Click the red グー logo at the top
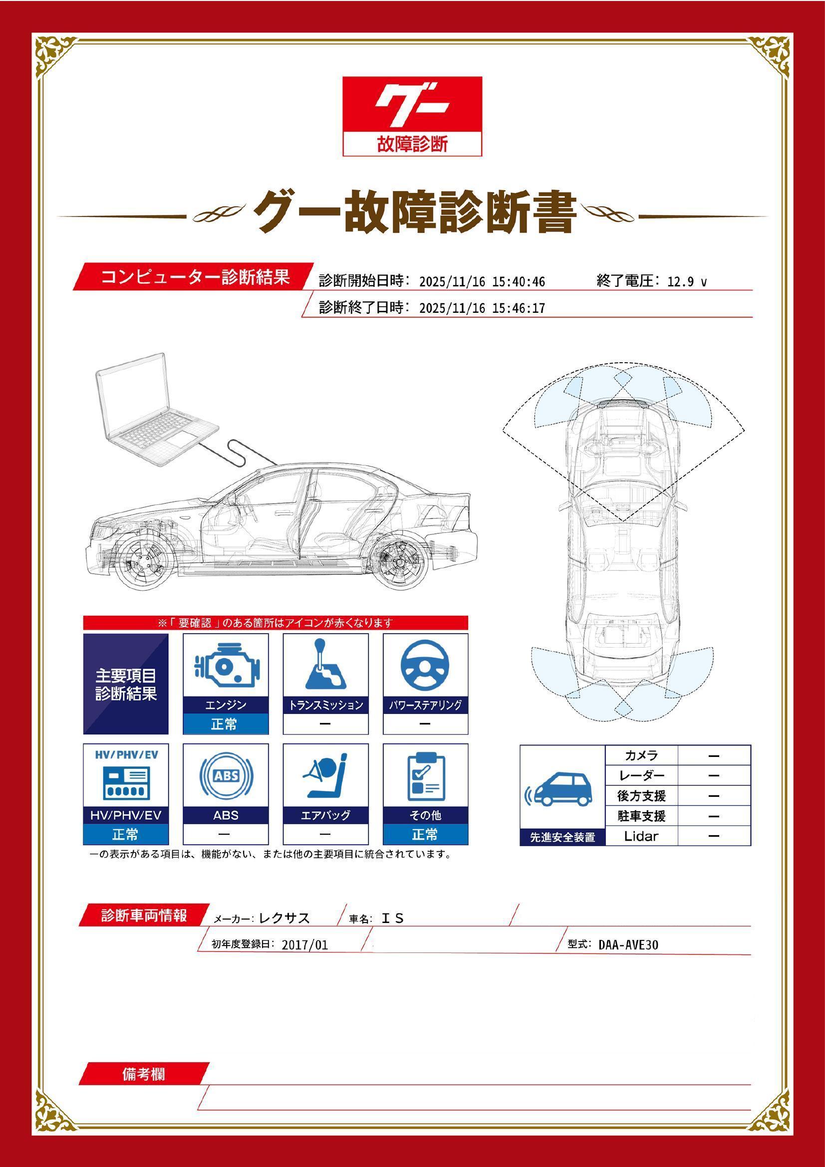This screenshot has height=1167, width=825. point(412,105)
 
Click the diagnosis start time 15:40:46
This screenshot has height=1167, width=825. point(519,281)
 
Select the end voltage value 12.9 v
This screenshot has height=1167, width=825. point(687,281)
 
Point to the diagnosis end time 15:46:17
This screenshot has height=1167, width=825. point(519,308)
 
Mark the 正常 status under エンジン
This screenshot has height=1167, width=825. point(225,724)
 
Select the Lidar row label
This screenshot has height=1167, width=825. point(641,836)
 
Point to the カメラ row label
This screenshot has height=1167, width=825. point(641,755)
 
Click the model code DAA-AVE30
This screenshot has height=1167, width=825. point(628,944)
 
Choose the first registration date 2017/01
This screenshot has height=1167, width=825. point(305,945)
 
